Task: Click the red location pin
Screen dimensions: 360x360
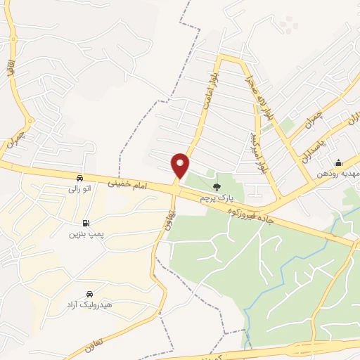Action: (180, 165)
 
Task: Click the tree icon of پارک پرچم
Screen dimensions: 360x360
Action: (216, 187)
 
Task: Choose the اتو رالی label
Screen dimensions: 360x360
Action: (80, 189)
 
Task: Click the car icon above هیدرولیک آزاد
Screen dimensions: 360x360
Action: (89, 293)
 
